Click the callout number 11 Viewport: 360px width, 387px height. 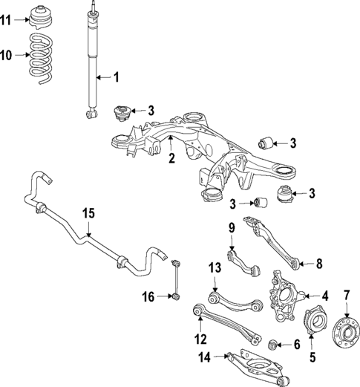coord(6,20)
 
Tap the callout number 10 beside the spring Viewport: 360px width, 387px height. coord(6,56)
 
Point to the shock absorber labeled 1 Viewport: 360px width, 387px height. coord(93,63)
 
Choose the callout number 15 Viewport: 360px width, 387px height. coord(88,214)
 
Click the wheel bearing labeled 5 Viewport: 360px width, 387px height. coord(312,325)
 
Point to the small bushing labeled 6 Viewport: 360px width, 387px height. coord(274,345)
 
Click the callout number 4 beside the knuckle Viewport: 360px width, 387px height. coord(323,296)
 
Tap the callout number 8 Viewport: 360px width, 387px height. coord(320,262)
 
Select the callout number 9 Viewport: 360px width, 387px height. coord(231,227)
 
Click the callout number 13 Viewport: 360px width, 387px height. coord(215,268)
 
